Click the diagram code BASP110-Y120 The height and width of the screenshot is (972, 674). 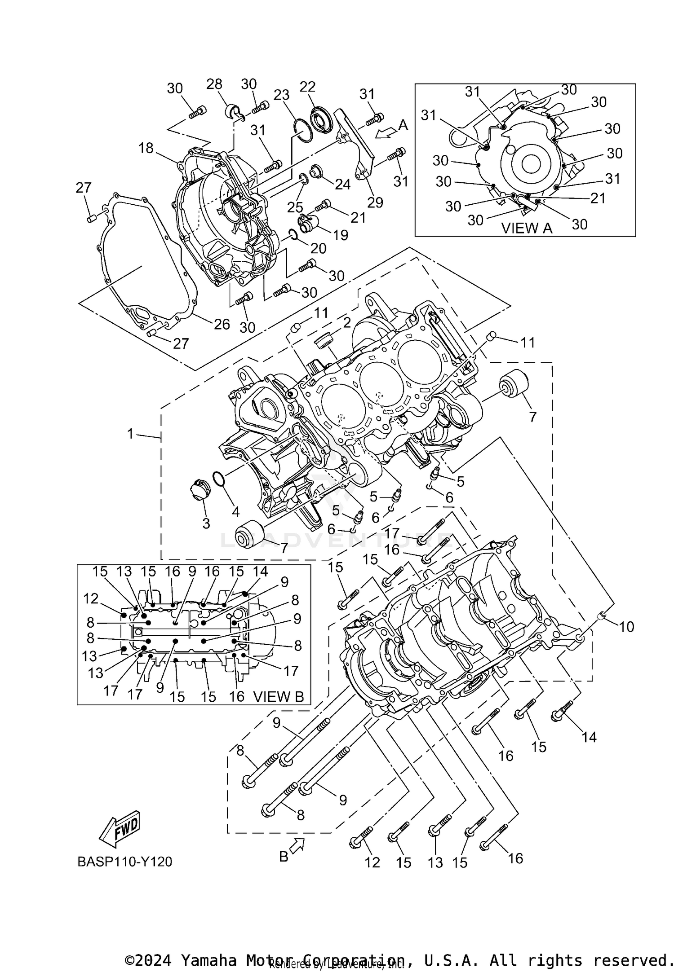pyautogui.click(x=124, y=862)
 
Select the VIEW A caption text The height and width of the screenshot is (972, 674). pyautogui.click(x=526, y=228)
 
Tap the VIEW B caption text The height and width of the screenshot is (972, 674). pyautogui.click(x=279, y=696)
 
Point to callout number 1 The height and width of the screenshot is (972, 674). pyautogui.click(x=130, y=434)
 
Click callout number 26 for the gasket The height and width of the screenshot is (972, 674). pyautogui.click(x=222, y=324)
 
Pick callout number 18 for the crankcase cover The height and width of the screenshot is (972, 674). pyautogui.click(x=146, y=148)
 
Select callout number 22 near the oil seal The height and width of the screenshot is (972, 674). pyautogui.click(x=308, y=87)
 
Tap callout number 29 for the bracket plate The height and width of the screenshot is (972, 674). pyautogui.click(x=375, y=202)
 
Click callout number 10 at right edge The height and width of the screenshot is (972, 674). pyautogui.click(x=626, y=626)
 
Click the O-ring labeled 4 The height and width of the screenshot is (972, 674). pyautogui.click(x=218, y=479)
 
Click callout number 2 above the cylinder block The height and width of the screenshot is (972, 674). pyautogui.click(x=347, y=322)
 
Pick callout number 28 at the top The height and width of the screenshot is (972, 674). pyautogui.click(x=214, y=84)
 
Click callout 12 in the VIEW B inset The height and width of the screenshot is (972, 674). pyautogui.click(x=91, y=598)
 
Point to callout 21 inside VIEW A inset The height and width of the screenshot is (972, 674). pyautogui.click(x=598, y=198)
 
